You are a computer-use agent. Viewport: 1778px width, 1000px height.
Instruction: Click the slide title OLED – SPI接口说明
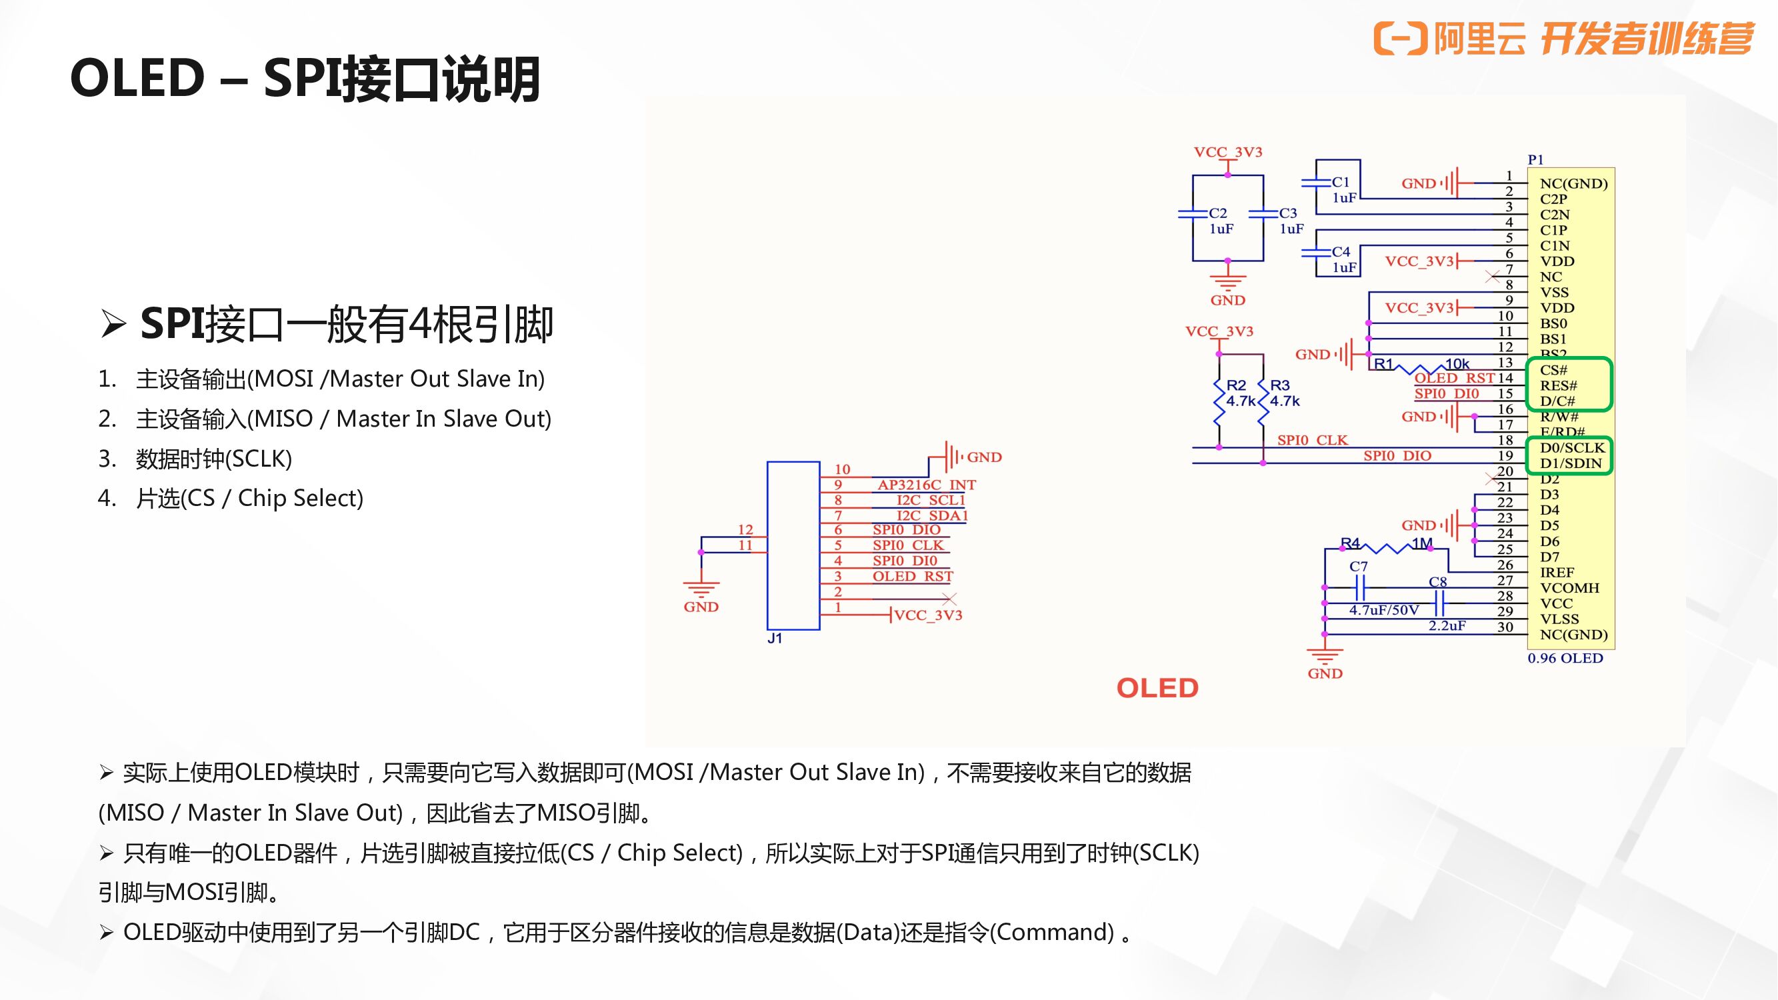305,79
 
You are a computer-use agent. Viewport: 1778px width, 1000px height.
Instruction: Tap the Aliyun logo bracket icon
1400,37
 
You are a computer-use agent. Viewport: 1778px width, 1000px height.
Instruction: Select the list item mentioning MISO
343,419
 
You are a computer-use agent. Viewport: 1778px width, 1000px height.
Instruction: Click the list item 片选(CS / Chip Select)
249,498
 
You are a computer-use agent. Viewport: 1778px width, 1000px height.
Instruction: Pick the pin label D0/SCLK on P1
1571,447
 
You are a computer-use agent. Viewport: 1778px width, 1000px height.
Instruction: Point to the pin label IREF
1557,572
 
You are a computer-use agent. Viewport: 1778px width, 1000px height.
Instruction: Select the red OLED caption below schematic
1157,688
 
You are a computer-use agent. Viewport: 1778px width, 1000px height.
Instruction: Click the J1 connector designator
775,639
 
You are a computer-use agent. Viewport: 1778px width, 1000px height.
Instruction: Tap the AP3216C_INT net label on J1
926,485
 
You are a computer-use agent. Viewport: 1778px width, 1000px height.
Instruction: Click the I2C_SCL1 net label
930,499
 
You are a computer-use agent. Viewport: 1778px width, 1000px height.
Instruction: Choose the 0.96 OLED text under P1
1565,658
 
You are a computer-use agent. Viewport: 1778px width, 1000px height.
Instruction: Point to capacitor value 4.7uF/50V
1383,610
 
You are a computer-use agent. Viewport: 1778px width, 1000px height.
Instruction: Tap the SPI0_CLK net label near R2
1311,439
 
